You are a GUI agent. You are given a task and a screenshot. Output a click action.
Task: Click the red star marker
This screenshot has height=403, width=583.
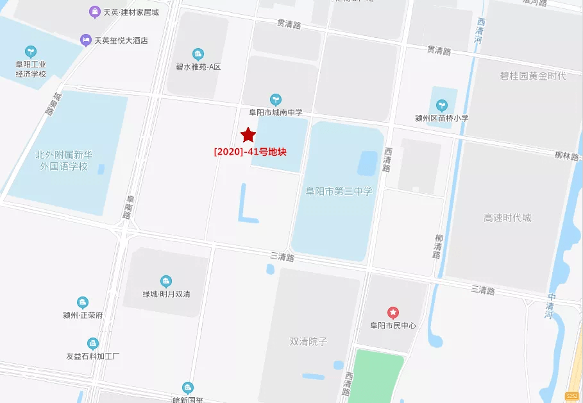coord(248,135)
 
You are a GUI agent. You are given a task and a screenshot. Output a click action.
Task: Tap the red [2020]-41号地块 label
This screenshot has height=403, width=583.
coord(250,152)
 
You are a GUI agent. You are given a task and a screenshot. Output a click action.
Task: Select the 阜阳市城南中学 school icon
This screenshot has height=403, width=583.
coord(276,99)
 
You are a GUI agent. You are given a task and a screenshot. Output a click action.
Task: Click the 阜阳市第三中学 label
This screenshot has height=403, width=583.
coord(339,191)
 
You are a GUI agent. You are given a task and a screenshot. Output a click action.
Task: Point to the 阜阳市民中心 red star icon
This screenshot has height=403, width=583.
coord(393,313)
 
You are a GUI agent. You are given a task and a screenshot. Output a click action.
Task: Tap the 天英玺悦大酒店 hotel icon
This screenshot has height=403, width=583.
coord(85,40)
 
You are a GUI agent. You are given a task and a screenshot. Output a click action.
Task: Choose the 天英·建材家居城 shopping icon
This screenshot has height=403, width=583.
coord(95,12)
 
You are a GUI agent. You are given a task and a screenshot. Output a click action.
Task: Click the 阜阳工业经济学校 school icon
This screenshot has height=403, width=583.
coord(30,51)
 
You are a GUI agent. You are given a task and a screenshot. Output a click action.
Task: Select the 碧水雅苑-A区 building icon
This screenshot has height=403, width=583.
coord(198,54)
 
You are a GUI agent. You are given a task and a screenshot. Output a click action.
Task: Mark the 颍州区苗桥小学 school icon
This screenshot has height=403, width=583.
coord(441,105)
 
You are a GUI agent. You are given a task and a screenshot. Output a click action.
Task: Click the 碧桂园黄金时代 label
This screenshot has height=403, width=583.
coord(533,76)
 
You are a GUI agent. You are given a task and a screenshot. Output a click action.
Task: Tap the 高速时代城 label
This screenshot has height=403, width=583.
coord(507,218)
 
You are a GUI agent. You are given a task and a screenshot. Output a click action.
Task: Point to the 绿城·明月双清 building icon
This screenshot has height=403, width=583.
coord(166,281)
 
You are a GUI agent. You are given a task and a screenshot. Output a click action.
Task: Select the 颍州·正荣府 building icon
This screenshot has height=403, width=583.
coord(83,303)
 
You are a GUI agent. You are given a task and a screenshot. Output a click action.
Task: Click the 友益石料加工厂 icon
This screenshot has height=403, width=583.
coord(93,343)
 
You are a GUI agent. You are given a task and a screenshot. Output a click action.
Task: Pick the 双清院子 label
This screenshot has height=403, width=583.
coord(308,341)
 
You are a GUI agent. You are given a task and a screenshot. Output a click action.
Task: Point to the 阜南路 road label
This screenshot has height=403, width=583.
coord(128,207)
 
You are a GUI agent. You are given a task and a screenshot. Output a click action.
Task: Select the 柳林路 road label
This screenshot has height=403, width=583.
coord(566,156)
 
